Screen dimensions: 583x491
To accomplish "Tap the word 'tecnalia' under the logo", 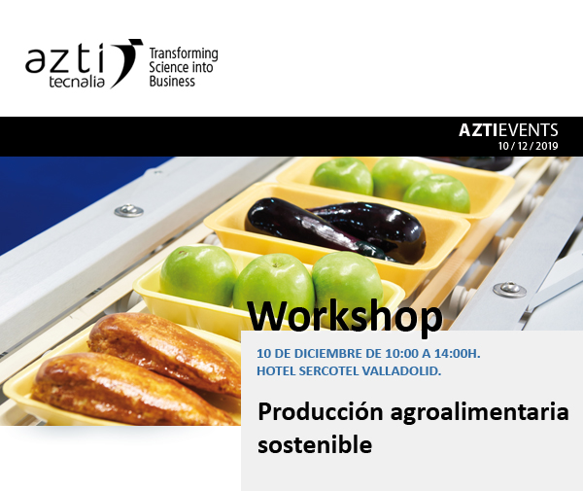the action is pos(77,82).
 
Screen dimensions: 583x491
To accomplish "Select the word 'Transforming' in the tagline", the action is pos(184,53).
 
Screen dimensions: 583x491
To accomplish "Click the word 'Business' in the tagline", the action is pos(172,81).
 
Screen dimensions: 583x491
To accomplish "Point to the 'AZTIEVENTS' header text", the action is pos(508,130).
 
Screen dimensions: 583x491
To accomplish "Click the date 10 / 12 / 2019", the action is pos(528,146).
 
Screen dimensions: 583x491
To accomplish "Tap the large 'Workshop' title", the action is pos(345,317).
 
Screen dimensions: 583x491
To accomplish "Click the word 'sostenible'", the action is pos(315,444).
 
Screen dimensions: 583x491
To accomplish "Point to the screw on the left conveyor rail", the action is pos(129,210).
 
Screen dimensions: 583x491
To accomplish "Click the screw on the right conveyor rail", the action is pos(509,290).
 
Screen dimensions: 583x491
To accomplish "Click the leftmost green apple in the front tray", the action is pos(198,275).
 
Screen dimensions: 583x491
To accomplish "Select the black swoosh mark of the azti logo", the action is pos(125,62).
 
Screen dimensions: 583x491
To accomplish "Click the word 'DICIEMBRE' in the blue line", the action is pos(326,353).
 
